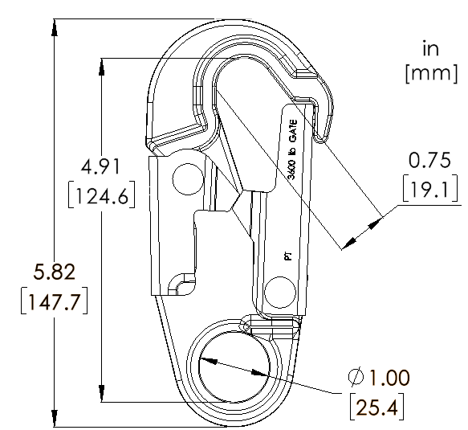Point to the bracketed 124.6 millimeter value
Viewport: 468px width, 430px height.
pyautogui.click(x=101, y=195)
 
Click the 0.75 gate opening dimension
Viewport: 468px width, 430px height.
pyautogui.click(x=430, y=160)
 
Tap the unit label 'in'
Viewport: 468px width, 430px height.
pyautogui.click(x=430, y=50)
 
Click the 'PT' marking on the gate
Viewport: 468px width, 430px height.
pyautogui.click(x=287, y=256)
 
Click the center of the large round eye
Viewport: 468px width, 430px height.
pyautogui.click(x=233, y=367)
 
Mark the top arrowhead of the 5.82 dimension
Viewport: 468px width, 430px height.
pyautogui.click(x=54, y=26)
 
